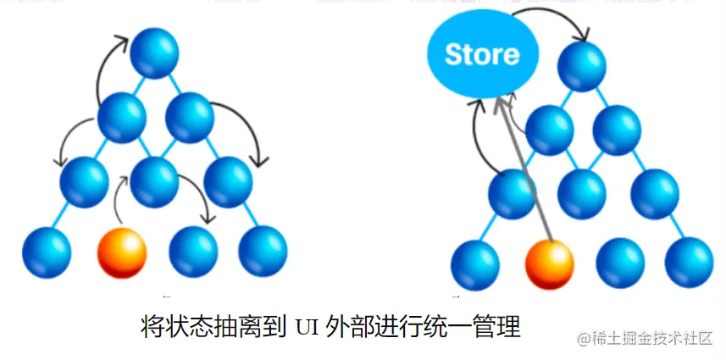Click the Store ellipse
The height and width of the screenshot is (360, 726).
[x=481, y=56]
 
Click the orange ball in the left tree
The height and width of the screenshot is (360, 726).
[x=122, y=251]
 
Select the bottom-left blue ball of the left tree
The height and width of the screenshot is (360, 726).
[x=47, y=251]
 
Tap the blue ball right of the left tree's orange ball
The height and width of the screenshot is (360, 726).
[x=194, y=251]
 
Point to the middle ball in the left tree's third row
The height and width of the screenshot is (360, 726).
[x=154, y=180]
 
